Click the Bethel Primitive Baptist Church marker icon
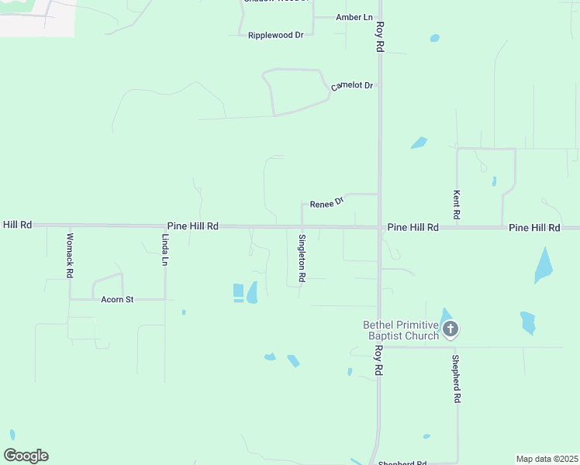pos(451,329)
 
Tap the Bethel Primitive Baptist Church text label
pos(401,330)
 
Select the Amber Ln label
pos(354,17)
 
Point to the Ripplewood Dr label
pos(275,36)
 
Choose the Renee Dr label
pos(326,204)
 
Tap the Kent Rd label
pos(457,203)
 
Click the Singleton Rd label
pos(302,257)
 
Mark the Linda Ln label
pos(165,250)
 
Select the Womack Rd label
pos(70,256)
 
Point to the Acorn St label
pos(118,299)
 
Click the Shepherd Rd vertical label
pos(457,378)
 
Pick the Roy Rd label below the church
pos(380,360)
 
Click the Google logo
pos(26,455)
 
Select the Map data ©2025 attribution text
pos(547,459)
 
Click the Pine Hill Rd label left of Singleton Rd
pos(192,226)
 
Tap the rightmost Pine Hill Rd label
pos(534,228)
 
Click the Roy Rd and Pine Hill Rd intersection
pos(379,227)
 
